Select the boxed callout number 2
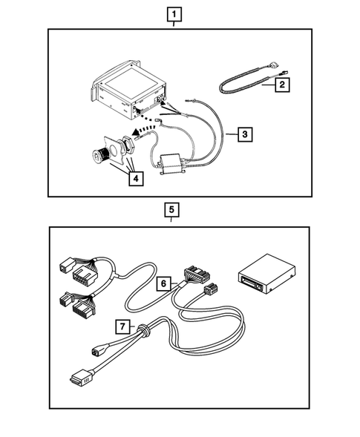283,85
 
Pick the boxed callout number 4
134,178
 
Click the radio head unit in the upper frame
126,93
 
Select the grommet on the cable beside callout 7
146,332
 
